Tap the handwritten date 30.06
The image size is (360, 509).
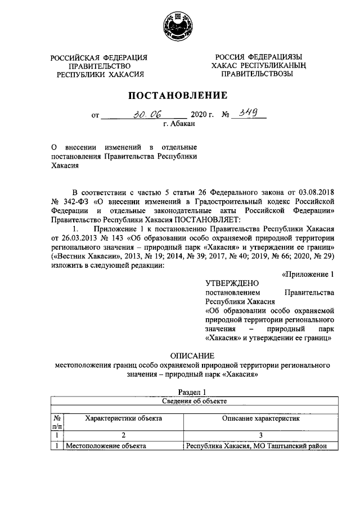[x=145, y=115]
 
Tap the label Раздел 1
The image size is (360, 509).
[x=192, y=392]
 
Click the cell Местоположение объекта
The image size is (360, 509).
[x=106, y=446]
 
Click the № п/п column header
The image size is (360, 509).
[x=57, y=423]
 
